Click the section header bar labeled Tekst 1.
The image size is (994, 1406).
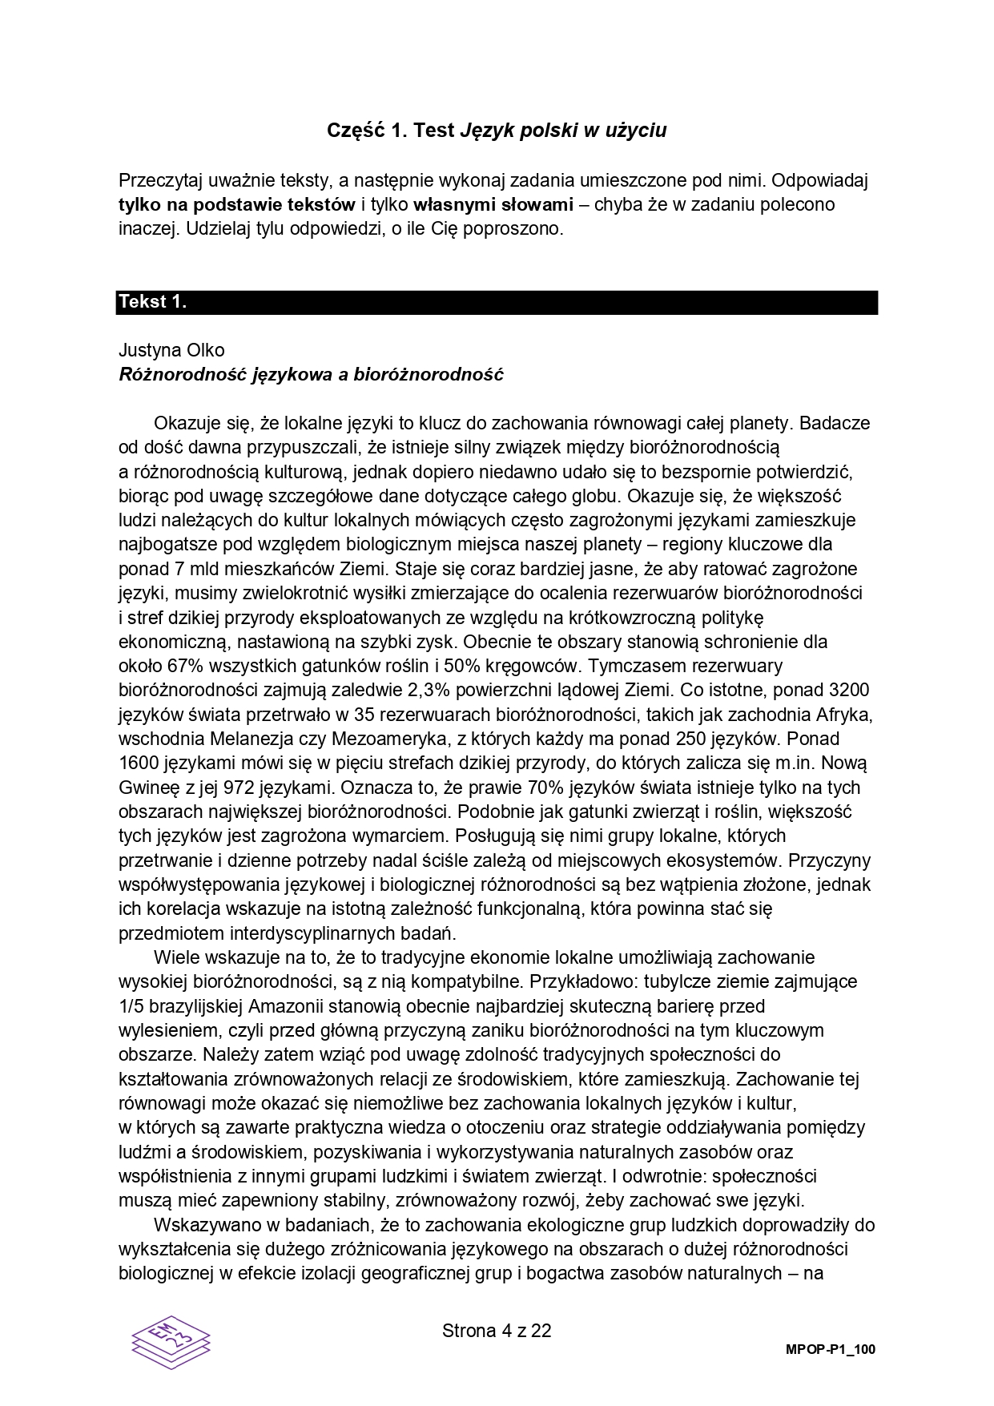(497, 302)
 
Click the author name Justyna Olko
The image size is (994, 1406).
(171, 350)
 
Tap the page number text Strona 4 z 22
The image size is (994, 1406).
(497, 1331)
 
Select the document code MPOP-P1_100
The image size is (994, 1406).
(831, 1349)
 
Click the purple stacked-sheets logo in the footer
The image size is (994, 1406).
(171, 1341)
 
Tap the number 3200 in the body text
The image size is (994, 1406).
(850, 691)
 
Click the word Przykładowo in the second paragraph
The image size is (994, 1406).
(583, 981)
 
